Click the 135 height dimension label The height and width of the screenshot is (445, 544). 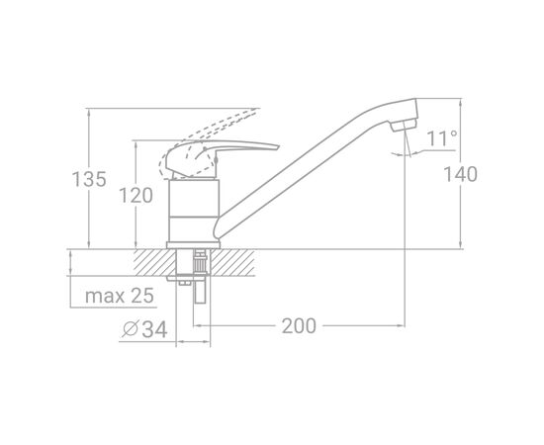point(89,179)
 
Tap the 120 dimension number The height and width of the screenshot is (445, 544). point(136,195)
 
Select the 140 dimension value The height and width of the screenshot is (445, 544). point(461,174)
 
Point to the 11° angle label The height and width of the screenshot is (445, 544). point(442,138)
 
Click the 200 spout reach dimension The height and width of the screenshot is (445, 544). point(299,326)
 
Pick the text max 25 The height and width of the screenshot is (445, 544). point(120,296)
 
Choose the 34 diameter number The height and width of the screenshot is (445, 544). point(154,329)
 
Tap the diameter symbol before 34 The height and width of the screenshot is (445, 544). point(131,329)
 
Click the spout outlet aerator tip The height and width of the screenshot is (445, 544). point(404,126)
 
